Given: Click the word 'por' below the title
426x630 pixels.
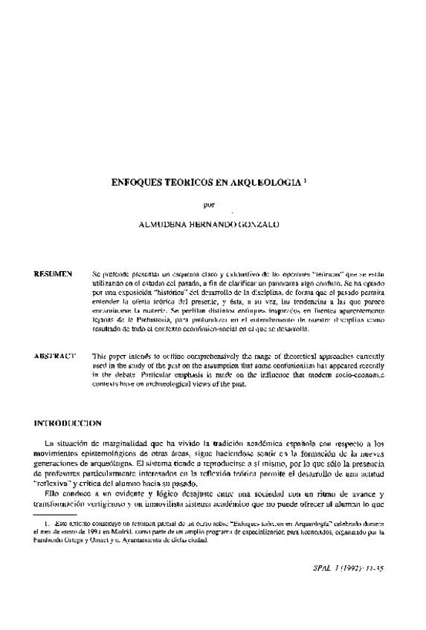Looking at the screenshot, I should click(x=209, y=201).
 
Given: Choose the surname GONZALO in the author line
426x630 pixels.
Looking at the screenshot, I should click(x=265, y=222).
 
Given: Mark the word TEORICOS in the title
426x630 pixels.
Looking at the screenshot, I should click(x=193, y=181).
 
